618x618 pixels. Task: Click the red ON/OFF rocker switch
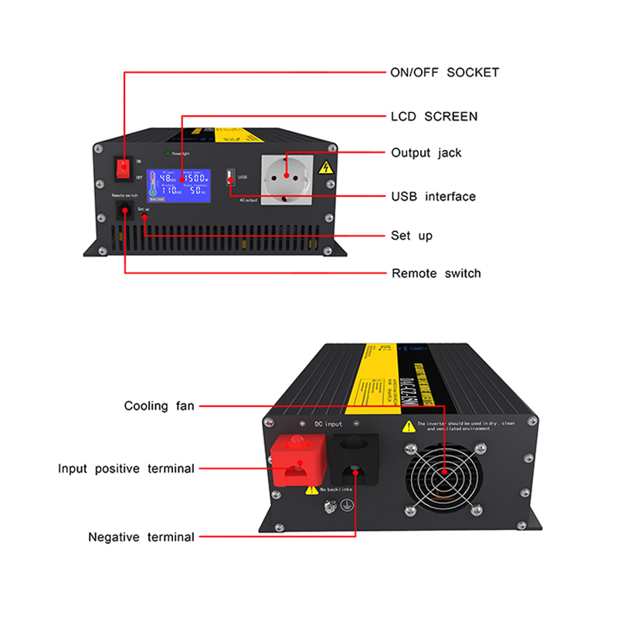(123, 168)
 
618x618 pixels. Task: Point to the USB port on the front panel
(229, 178)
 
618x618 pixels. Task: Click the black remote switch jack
(124, 210)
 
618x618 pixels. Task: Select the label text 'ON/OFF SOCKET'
(444, 73)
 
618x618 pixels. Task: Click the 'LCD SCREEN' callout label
(433, 117)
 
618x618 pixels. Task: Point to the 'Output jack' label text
(426, 153)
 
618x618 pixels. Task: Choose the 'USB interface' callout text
(433, 197)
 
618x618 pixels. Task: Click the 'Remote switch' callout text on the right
(436, 273)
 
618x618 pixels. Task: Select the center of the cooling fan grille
(446, 473)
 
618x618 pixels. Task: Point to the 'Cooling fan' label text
(159, 406)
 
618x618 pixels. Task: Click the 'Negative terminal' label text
(141, 537)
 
